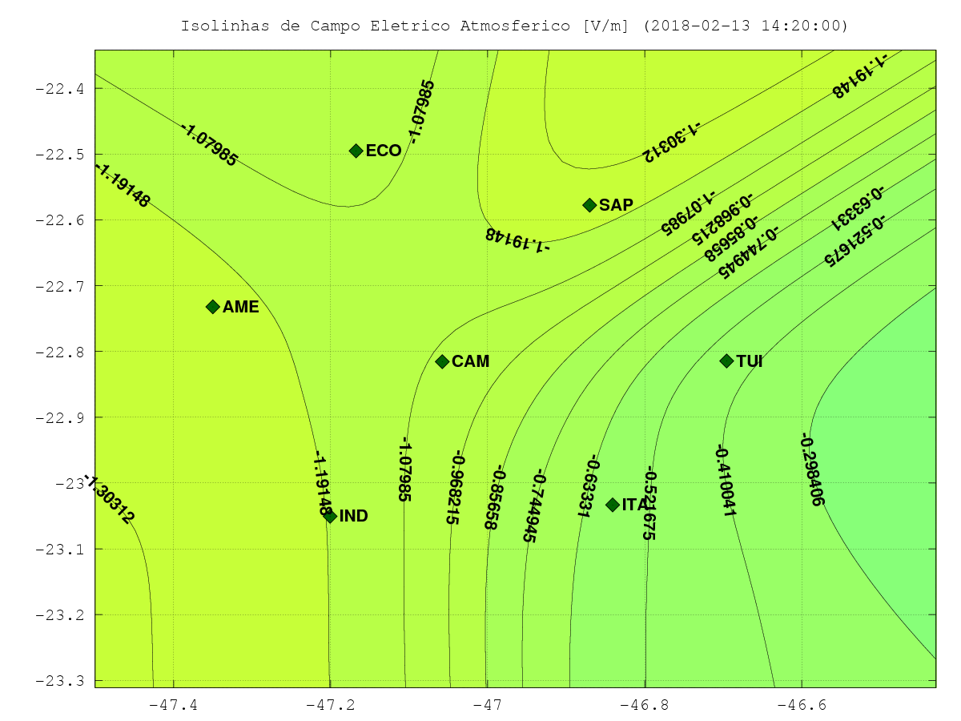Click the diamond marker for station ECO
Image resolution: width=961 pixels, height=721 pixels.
coord(356,151)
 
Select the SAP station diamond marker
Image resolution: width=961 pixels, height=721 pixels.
coord(589,205)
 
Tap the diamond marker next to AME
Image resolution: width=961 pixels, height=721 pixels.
coord(213,307)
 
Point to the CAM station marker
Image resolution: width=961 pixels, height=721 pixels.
coord(442,361)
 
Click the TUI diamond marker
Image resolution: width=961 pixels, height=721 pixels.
coord(727,361)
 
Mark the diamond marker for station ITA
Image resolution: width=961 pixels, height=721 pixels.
coord(613,505)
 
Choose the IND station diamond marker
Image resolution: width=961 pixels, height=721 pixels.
coord(331,517)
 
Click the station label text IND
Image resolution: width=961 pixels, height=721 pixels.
coord(354,516)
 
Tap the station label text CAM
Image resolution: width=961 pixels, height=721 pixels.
coord(471,361)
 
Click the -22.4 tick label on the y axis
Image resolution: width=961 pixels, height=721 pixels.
coord(59,89)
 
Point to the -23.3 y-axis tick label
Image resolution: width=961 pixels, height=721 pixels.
coord(59,681)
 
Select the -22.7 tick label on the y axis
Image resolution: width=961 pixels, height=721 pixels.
coord(59,287)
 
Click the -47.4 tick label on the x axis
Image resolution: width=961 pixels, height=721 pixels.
coord(173,705)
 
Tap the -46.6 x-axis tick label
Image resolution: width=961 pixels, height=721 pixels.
coord(802,705)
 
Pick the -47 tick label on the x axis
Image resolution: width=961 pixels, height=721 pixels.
coord(488,705)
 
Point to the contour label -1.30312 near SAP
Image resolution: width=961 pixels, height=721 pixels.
coord(671,142)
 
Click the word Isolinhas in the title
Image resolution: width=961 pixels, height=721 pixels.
coord(226,26)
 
